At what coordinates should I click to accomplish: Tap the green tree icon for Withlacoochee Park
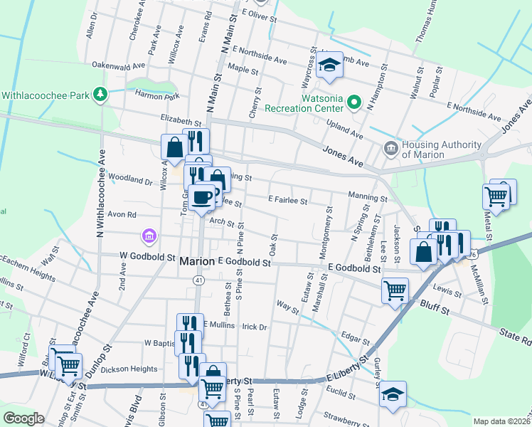(x=101, y=94)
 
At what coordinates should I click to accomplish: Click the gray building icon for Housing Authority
(x=390, y=148)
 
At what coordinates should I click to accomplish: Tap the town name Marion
(x=197, y=261)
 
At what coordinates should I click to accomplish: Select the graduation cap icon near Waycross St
(x=329, y=65)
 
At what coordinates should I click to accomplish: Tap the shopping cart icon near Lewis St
(x=395, y=290)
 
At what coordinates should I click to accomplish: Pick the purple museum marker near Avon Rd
(x=149, y=235)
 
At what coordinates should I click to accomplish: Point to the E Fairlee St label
(x=287, y=201)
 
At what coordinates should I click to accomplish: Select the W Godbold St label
(x=147, y=255)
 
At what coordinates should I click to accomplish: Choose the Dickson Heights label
(x=129, y=369)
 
